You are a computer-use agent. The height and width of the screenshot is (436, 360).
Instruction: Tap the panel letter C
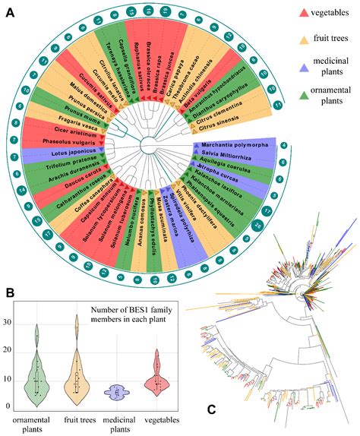coord(215,411)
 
